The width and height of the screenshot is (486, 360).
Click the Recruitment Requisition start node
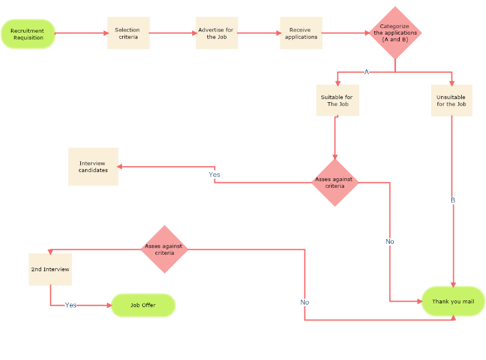(28, 34)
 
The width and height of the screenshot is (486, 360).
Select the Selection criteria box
(128, 33)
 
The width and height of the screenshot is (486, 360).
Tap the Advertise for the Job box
(217, 33)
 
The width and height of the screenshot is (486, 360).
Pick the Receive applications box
(301, 33)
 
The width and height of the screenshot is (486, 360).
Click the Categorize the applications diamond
(395, 33)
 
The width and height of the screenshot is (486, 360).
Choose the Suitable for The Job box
(337, 100)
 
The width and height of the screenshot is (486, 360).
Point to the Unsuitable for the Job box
(451, 100)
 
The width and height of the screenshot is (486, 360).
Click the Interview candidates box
(93, 167)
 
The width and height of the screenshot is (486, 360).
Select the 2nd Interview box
(50, 269)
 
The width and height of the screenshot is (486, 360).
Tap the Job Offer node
(143, 305)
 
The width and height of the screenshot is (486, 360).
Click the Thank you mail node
(453, 301)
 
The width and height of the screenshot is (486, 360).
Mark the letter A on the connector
(366, 72)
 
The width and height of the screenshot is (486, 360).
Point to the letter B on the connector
(453, 200)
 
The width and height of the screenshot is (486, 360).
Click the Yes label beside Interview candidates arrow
(214, 175)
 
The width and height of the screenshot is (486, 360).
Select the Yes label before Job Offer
(70, 305)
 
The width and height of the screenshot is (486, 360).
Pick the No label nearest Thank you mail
(390, 241)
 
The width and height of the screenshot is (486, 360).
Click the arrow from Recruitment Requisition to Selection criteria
(81, 33)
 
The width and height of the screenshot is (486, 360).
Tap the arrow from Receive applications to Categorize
(345, 33)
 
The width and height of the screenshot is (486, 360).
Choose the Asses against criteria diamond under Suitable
(335, 182)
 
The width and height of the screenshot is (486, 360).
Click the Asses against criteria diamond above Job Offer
(165, 249)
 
